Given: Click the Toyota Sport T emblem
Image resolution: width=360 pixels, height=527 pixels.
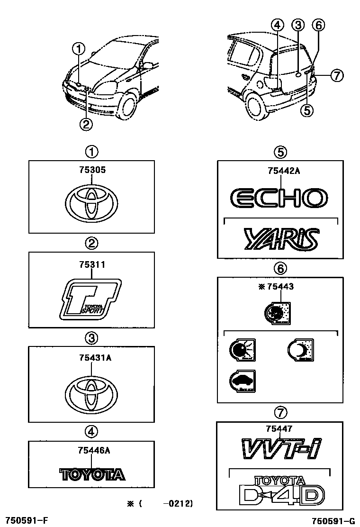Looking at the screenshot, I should [91, 299].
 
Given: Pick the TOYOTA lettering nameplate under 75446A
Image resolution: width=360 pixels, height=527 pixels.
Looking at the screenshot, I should [92, 474].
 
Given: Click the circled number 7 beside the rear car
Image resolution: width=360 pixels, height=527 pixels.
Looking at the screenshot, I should [336, 75].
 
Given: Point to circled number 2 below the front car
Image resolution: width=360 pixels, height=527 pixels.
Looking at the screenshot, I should [86, 124].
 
